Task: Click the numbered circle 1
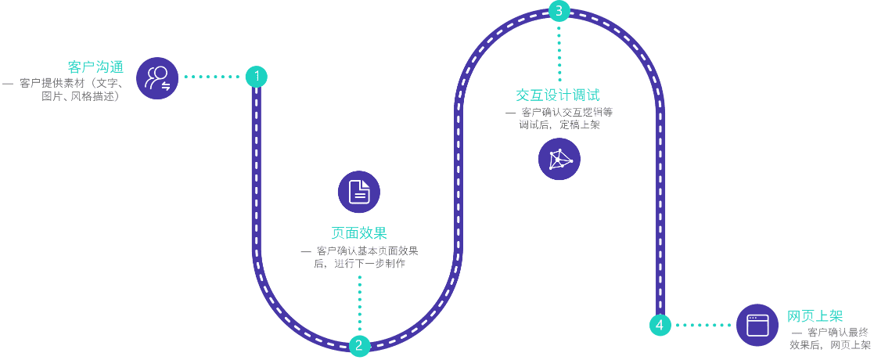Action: (x=257, y=77)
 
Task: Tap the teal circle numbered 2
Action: (x=359, y=346)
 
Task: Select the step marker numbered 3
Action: (x=559, y=10)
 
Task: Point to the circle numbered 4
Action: (x=660, y=325)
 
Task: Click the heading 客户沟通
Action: (x=95, y=67)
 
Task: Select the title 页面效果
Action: (x=359, y=233)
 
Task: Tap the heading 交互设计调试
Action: (x=557, y=95)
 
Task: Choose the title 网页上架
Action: (x=815, y=316)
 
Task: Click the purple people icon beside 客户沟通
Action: (x=157, y=78)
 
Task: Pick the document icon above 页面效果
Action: (x=359, y=192)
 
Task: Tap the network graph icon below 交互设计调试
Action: (x=559, y=159)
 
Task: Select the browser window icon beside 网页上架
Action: (x=757, y=325)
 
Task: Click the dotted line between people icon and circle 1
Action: (x=212, y=77)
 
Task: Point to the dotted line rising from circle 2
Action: (x=359, y=304)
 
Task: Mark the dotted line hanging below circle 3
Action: (x=559, y=51)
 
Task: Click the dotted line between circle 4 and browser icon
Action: (x=703, y=325)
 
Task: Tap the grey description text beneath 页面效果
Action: (x=359, y=258)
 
